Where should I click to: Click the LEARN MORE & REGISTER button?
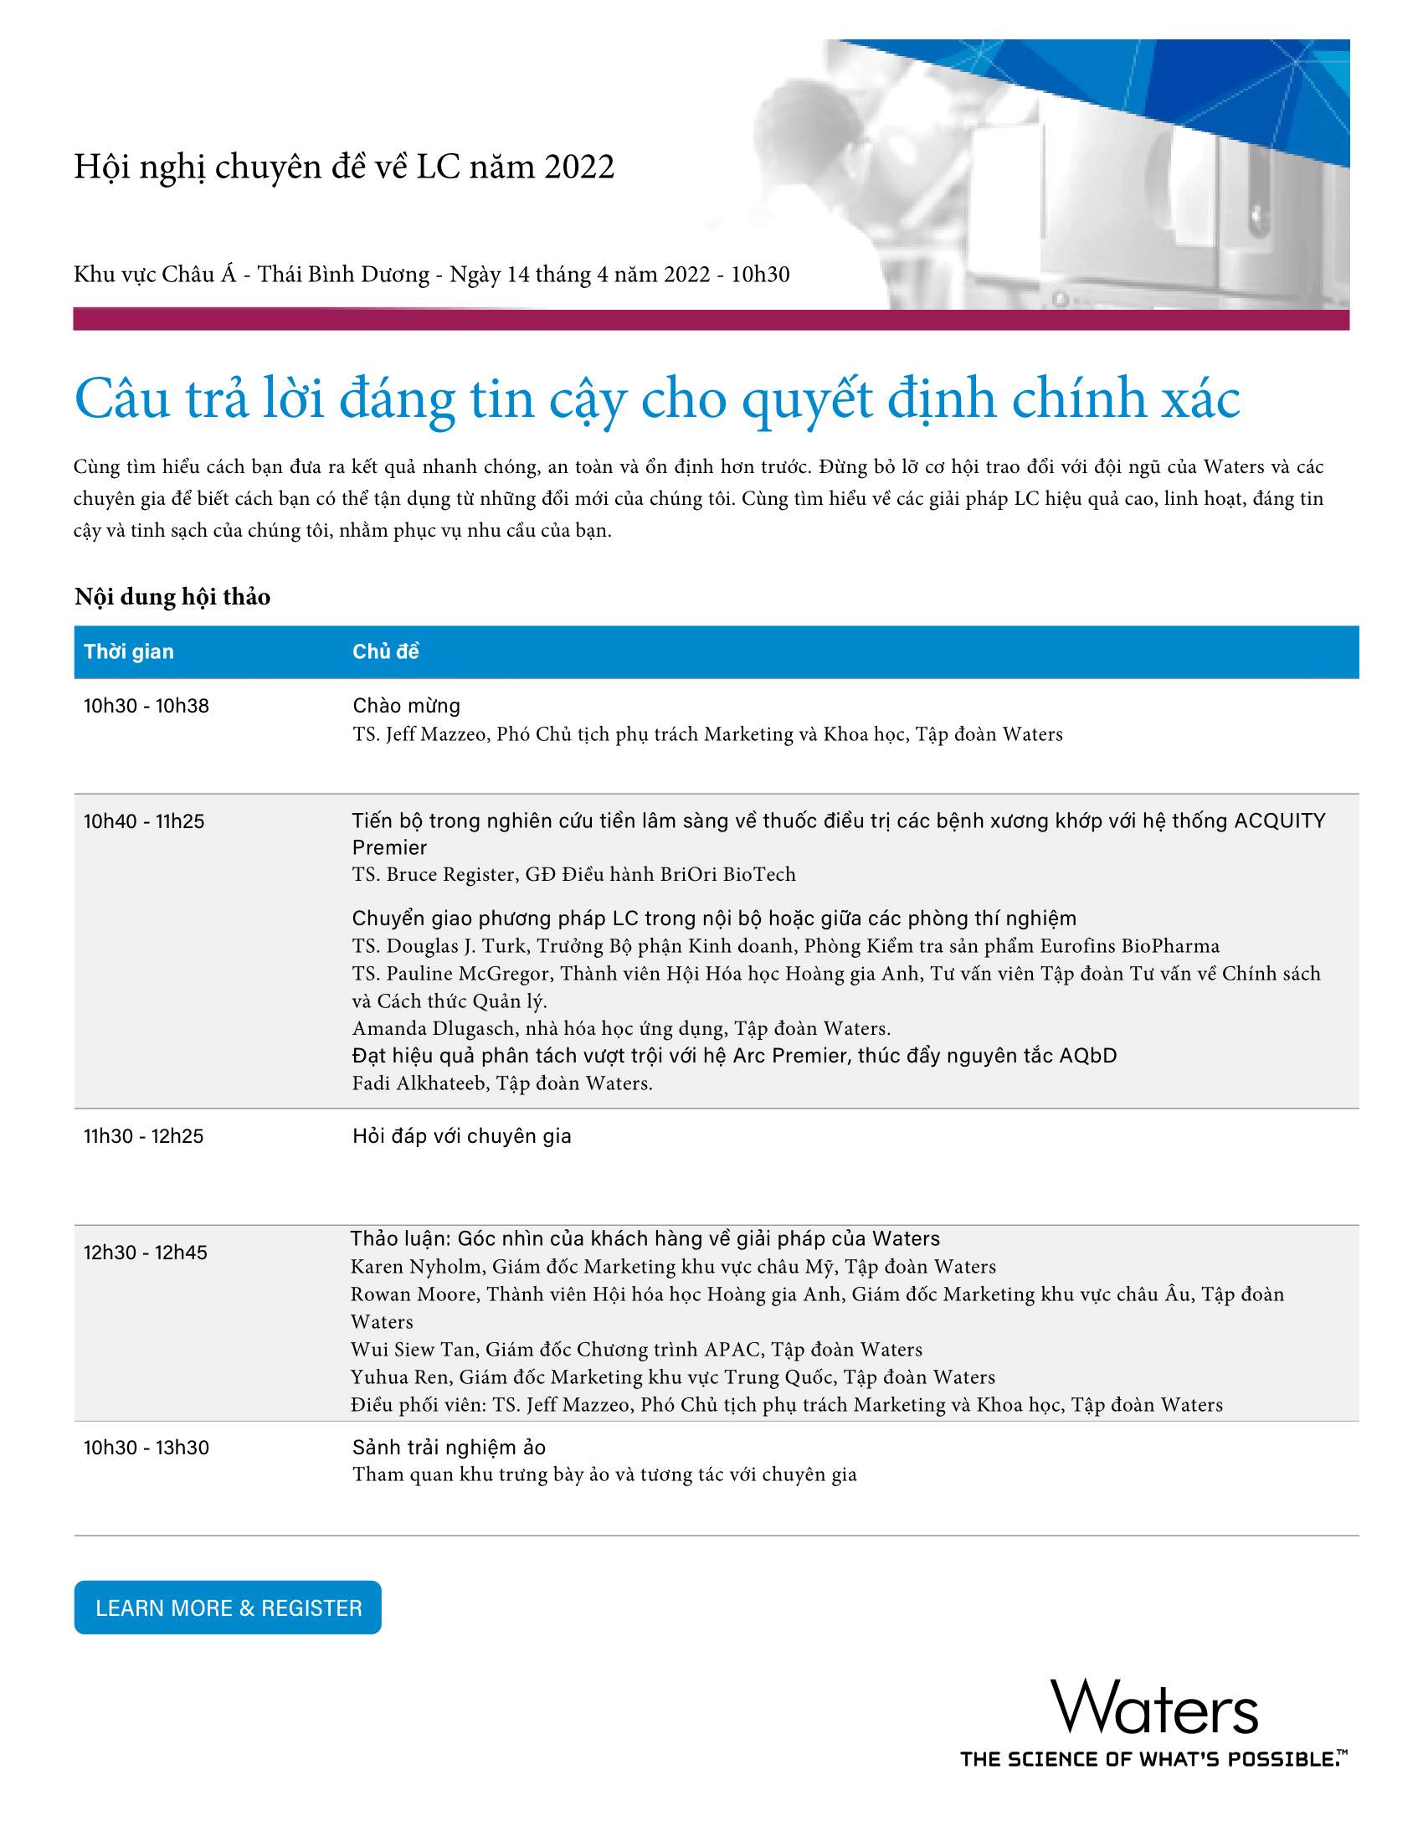[228, 1608]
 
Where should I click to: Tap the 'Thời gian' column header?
[128, 651]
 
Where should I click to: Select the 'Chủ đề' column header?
[385, 651]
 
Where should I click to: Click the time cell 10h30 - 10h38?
[146, 706]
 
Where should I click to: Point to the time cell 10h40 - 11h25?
[143, 821]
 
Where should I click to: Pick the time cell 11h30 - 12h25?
[143, 1136]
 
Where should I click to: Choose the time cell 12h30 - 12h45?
[145, 1253]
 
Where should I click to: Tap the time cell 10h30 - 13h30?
[146, 1448]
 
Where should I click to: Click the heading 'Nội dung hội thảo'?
[172, 597]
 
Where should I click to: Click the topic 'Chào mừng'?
[406, 706]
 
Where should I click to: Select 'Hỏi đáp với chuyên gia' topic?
[461, 1136]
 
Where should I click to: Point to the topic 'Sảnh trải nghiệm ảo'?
[449, 1448]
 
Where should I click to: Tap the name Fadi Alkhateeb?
[419, 1083]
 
